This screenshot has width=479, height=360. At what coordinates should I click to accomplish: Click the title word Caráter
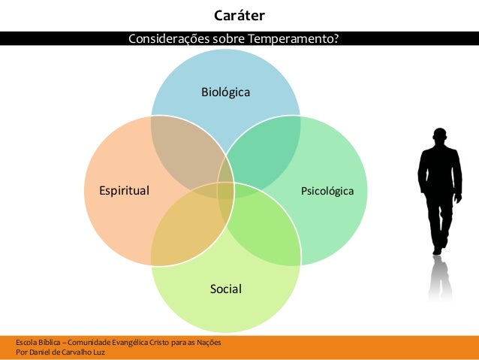point(239,16)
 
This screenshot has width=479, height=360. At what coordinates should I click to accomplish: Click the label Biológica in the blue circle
point(225,92)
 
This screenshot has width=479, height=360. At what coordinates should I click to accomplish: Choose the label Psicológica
point(327,191)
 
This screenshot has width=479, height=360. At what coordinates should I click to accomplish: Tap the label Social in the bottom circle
point(225,288)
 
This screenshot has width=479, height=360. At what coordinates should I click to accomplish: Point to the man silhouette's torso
point(439,173)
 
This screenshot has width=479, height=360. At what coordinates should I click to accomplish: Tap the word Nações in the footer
point(206,343)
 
